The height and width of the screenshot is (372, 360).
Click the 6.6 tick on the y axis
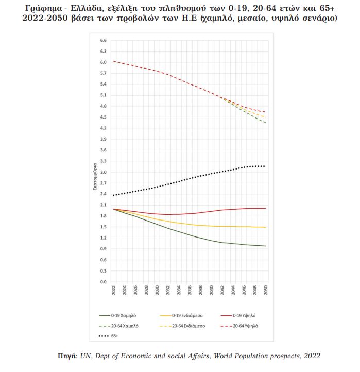coord(103,40)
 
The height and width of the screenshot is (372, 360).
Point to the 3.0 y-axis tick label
coord(103,172)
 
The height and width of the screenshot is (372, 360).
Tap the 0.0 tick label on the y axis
coord(103,282)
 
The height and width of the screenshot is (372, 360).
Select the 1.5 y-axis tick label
coord(103,227)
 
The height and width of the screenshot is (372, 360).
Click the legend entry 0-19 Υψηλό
coord(242,314)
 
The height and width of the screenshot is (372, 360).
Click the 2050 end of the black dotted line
coord(265,166)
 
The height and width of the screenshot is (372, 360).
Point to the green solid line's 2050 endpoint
coord(265,246)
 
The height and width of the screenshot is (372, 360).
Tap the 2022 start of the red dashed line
coord(113,61)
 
